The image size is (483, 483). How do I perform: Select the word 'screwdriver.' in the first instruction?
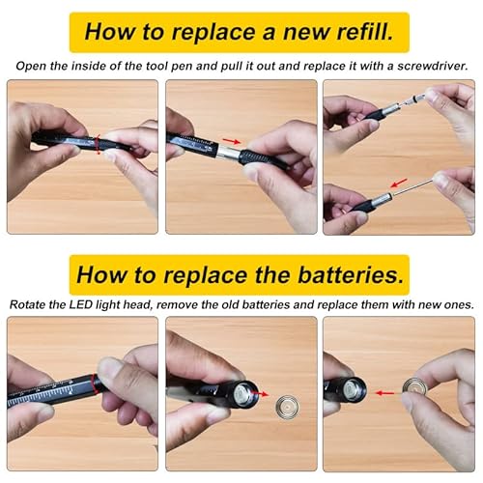(x=431, y=66)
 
